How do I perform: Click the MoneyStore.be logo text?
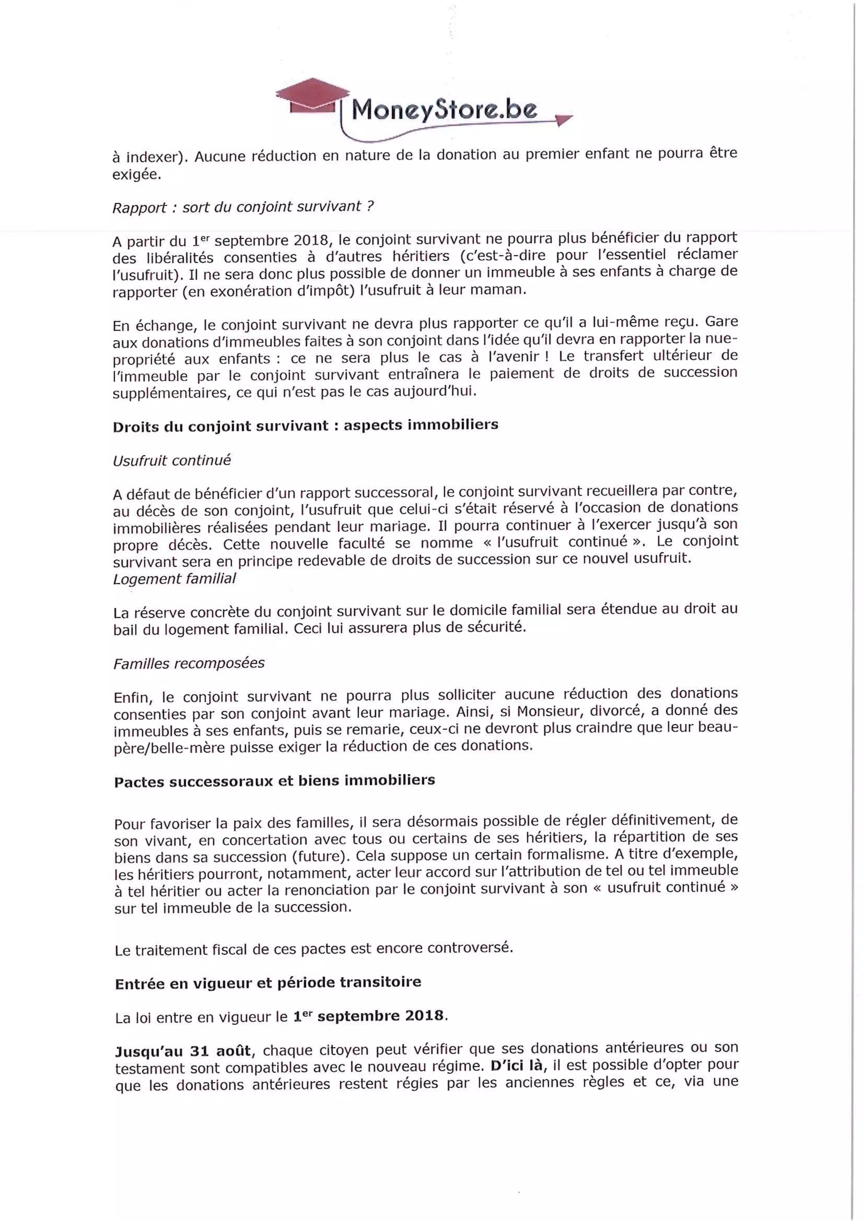point(444,110)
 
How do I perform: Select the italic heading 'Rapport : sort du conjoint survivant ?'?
point(243,207)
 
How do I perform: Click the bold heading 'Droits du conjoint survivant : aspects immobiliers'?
point(305,425)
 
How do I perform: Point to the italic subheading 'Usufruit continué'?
point(172,460)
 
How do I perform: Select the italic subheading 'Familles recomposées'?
point(189,663)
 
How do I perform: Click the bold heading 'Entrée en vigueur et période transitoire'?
point(268,983)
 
